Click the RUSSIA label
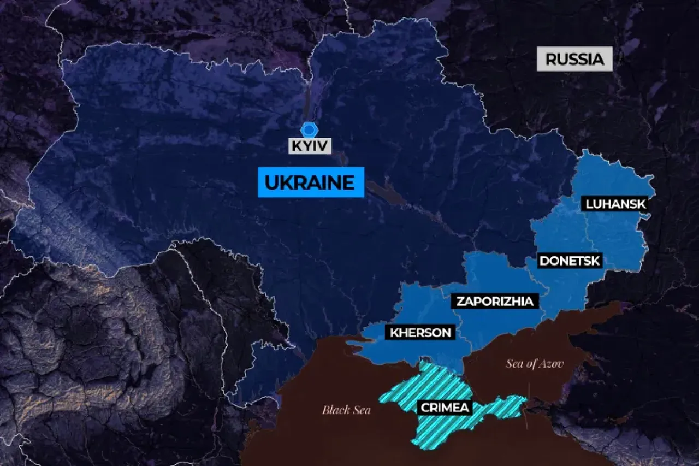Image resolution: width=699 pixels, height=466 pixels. tap(574, 59)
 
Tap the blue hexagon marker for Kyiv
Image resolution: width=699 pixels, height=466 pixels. tap(310, 129)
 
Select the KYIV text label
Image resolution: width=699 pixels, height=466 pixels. tap(310, 146)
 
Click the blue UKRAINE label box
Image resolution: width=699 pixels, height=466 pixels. tap(310, 182)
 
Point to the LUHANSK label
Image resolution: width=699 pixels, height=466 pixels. tap(615, 204)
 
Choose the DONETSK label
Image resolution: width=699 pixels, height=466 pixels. tap(570, 261)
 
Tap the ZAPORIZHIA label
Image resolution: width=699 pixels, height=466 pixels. tap(494, 301)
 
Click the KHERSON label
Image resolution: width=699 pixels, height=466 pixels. tap(420, 332)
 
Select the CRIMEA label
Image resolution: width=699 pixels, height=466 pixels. tap(443, 407)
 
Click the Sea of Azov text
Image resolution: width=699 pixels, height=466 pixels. tap(535, 364)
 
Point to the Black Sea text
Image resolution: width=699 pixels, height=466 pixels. tap(346, 410)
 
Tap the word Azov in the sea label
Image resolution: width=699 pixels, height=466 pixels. tap(552, 364)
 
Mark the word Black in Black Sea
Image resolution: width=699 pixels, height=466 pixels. tap(334, 410)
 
